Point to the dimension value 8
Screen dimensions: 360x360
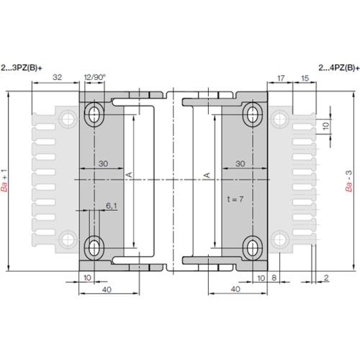(274, 277)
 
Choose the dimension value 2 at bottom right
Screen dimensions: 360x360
(326, 277)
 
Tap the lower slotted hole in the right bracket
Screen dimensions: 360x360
(253, 247)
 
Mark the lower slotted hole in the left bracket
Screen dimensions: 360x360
(95, 247)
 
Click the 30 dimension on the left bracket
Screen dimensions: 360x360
(102, 164)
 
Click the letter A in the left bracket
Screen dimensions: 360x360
(129, 175)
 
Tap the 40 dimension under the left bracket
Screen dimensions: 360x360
(107, 289)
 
